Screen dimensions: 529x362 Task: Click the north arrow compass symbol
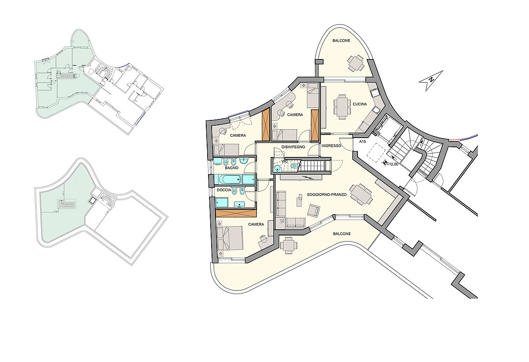pos(431,81)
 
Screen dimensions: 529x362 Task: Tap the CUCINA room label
pos(360,104)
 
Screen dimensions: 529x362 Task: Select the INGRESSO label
pos(332,146)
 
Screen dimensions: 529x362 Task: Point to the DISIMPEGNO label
pos(293,147)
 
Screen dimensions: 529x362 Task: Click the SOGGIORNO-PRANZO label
pos(327,194)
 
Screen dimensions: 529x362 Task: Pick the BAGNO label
pos(231,168)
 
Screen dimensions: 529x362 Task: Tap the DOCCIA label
pos(224,190)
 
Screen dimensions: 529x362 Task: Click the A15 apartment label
pos(362,142)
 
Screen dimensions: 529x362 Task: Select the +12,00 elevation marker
pos(391,163)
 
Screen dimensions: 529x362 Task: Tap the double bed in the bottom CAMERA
pos(230,238)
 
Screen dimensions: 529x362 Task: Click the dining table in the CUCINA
pos(342,107)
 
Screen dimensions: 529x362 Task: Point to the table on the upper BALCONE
pos(356,63)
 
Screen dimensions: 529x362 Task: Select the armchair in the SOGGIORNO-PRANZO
pos(313,210)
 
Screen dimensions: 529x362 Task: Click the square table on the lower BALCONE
pos(288,245)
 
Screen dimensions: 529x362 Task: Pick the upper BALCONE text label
pos(341,41)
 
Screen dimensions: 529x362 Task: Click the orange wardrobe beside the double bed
pos(236,213)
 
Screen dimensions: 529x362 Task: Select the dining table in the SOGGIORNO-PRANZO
pos(361,194)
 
